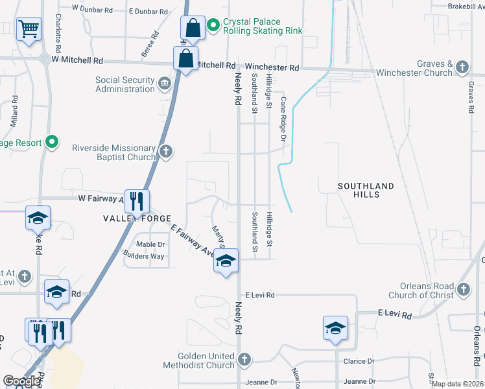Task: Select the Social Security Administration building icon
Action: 165,82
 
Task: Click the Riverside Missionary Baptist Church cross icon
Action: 166,152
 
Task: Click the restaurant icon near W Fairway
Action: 136,201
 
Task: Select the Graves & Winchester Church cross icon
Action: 462,67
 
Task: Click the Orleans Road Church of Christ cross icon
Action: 463,289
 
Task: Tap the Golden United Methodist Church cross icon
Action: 244,359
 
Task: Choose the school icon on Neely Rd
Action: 226,262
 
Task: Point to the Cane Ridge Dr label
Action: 283,119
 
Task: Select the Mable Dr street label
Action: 150,244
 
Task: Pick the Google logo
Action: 22,381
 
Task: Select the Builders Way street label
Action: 143,256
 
